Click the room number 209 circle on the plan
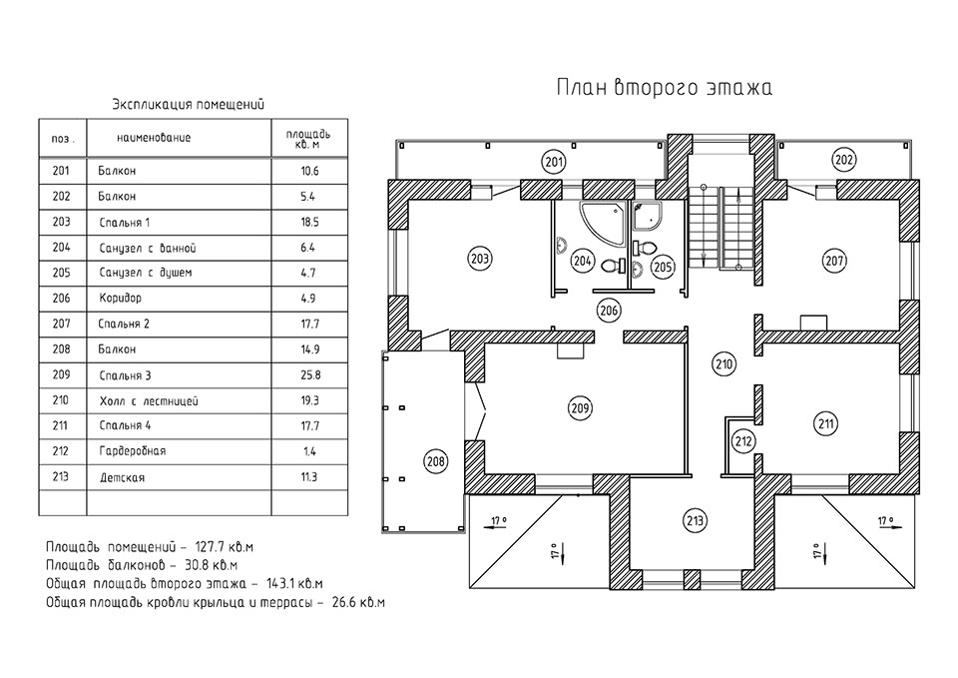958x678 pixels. pos(580,407)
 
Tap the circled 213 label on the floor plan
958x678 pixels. pos(696,519)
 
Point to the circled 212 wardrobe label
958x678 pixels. pos(741,439)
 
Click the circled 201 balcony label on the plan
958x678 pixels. pos(554,161)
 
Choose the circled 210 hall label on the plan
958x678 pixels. pos(724,364)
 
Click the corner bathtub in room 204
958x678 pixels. pos(602,220)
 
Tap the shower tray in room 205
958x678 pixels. pos(651,212)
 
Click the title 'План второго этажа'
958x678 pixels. pos(664,89)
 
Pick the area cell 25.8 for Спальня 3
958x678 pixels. pos(308,375)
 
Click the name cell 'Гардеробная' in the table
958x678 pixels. pos(133,451)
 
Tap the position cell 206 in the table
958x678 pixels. pos(61,298)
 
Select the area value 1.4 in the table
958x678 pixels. pos(308,451)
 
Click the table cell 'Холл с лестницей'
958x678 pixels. pos(149,401)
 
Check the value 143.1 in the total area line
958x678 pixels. pos(282,582)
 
